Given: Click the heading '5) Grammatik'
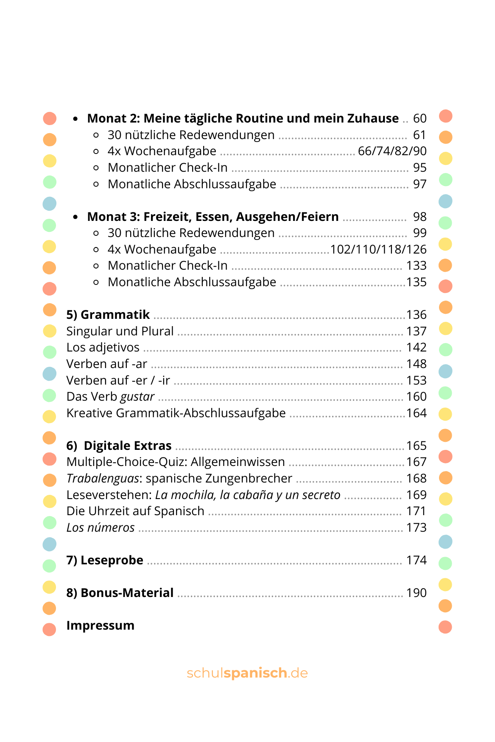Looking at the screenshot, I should (x=108, y=315).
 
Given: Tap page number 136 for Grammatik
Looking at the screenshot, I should (x=416, y=315).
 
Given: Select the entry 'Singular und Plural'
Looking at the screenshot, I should (x=120, y=331).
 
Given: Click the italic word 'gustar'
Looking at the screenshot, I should (x=137, y=397).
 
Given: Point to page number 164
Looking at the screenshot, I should (x=416, y=413).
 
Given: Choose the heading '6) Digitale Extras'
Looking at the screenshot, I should (x=119, y=446).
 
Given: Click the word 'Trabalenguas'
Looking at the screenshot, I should (x=103, y=478).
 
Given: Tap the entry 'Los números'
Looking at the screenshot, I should (x=101, y=527).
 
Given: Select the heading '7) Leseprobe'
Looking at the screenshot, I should (x=105, y=560).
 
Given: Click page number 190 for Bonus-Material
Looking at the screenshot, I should (x=416, y=593).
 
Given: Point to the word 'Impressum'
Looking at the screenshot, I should (x=100, y=625).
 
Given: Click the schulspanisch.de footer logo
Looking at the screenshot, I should (x=247, y=673).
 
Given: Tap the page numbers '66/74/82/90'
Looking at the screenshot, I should (x=392, y=151).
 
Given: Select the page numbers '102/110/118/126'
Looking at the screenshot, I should (x=378, y=249).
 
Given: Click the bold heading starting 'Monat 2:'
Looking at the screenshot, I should (x=243, y=118).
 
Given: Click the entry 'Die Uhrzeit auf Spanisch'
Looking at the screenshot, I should (x=135, y=511).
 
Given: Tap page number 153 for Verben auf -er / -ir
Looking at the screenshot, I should (x=416, y=380).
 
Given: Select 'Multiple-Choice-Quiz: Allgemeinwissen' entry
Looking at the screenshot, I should (x=176, y=462).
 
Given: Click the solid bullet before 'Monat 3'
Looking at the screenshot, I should (x=76, y=217).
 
